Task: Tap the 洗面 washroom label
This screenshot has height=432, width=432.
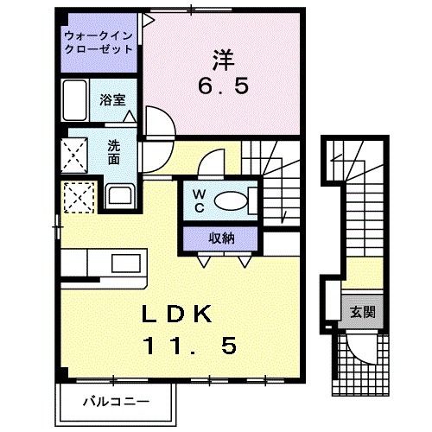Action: click(114, 152)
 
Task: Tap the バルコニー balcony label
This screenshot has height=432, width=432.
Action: click(117, 401)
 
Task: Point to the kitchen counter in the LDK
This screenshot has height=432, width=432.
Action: click(104, 261)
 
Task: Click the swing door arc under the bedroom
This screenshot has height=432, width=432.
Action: click(157, 121)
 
